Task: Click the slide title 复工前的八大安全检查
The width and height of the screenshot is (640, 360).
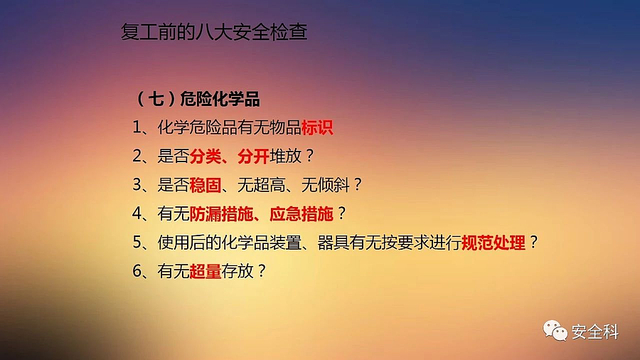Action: click(x=214, y=32)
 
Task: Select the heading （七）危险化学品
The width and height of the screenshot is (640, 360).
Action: click(x=197, y=99)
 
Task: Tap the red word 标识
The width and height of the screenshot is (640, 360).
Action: click(x=317, y=127)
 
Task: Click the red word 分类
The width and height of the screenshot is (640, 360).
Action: click(x=206, y=156)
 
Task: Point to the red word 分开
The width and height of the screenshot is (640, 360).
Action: click(x=253, y=156)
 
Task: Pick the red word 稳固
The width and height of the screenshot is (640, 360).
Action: click(x=206, y=185)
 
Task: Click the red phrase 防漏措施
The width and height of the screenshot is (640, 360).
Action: click(x=221, y=213)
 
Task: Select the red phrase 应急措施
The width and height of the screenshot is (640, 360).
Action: click(x=302, y=213)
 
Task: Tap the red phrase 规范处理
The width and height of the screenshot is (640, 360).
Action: click(x=494, y=243)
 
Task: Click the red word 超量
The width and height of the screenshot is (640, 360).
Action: click(x=206, y=271)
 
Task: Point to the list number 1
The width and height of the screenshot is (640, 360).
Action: click(x=137, y=127)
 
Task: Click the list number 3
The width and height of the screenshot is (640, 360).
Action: click(x=137, y=185)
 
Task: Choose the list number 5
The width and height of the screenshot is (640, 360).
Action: click(x=137, y=243)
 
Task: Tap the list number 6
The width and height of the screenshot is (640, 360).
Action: click(x=137, y=271)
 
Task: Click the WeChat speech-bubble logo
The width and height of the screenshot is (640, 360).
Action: click(x=555, y=330)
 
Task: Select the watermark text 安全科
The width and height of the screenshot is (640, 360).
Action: click(x=595, y=332)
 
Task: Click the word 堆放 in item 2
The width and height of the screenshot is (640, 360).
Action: click(x=285, y=156)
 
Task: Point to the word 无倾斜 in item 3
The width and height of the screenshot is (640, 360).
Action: click(x=325, y=185)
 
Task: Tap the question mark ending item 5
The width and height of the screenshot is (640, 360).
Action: click(x=533, y=243)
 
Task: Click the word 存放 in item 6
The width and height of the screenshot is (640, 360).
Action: click(x=238, y=271)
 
